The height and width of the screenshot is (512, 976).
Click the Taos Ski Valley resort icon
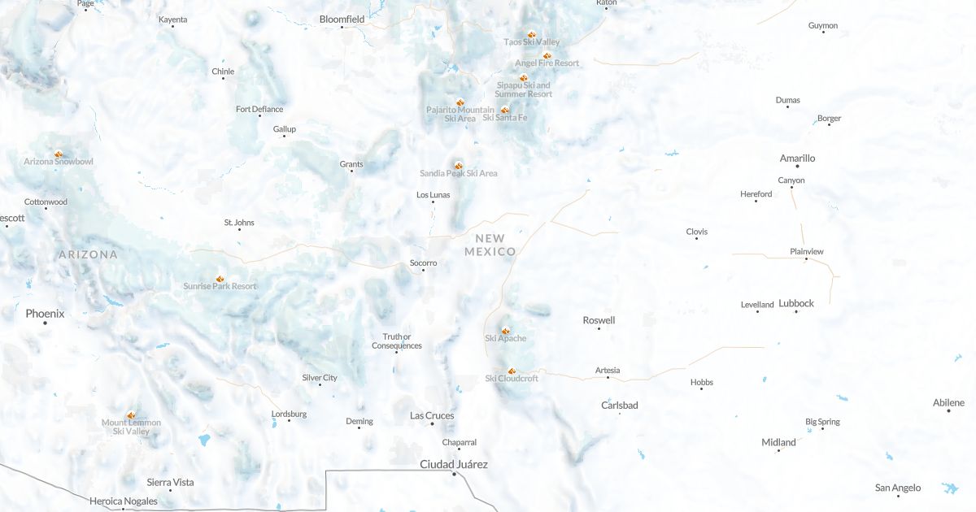click(x=531, y=35)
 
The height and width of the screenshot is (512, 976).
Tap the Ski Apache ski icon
click(x=505, y=331)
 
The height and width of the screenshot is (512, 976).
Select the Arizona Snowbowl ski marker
click(x=59, y=154)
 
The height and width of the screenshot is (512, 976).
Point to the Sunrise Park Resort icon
click(x=220, y=279)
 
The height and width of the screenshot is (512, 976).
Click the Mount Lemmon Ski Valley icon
click(x=131, y=414)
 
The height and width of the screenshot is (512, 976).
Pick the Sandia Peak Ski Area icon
click(x=459, y=166)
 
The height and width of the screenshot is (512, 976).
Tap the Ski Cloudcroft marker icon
click(x=512, y=371)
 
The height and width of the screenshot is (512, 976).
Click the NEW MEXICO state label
click(x=490, y=245)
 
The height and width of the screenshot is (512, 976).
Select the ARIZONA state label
click(x=88, y=254)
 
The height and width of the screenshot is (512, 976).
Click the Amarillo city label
click(x=797, y=158)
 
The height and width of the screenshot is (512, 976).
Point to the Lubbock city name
click(x=796, y=303)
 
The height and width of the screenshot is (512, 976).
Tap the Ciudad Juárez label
click(x=454, y=464)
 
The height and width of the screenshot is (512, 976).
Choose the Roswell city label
click(x=599, y=320)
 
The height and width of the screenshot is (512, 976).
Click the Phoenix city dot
click(x=45, y=323)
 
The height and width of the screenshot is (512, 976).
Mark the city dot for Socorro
click(x=423, y=271)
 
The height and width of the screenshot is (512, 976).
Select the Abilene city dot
click(x=948, y=410)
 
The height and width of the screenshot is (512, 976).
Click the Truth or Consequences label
click(x=397, y=341)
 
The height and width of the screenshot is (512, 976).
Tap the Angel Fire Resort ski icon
click(x=547, y=55)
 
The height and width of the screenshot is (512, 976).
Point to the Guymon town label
click(x=823, y=26)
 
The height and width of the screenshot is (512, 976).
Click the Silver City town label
click(x=320, y=378)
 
